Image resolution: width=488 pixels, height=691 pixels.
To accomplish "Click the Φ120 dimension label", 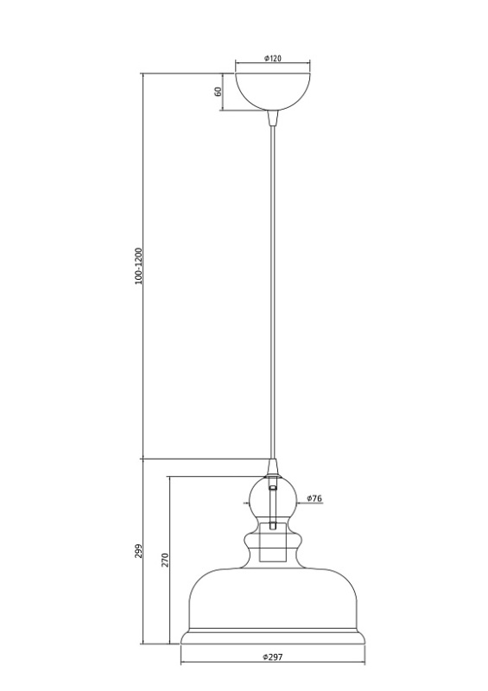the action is click(273, 58).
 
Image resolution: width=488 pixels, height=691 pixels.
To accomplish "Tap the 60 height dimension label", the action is click(218, 92).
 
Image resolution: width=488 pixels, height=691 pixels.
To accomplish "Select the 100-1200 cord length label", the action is click(139, 266).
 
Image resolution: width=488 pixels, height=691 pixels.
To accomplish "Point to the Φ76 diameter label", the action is click(314, 498).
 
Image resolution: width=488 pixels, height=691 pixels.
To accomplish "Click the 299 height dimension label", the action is click(138, 551).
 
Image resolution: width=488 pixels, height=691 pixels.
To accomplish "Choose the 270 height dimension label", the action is click(165, 560).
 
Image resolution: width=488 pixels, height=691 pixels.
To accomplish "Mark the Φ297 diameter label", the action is click(272, 656).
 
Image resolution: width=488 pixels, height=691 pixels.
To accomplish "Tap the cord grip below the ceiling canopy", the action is click(273, 117).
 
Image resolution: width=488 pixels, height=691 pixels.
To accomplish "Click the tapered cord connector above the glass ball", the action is click(273, 467).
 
